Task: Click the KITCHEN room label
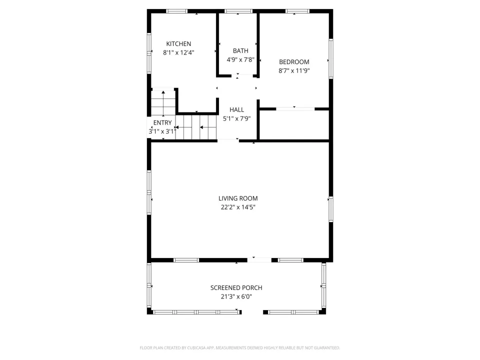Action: (x=178, y=44)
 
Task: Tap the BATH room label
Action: (x=240, y=51)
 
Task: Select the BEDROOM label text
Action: (x=294, y=62)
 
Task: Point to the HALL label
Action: (x=236, y=109)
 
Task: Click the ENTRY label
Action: (x=162, y=123)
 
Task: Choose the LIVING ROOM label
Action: (x=238, y=198)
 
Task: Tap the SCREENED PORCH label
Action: (x=236, y=288)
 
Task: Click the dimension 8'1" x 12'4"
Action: (x=178, y=52)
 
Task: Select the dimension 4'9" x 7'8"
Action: (x=240, y=59)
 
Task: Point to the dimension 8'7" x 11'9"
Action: (x=294, y=70)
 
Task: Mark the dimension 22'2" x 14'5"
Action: (x=238, y=207)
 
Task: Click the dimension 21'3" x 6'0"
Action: (x=236, y=296)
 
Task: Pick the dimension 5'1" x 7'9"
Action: (x=236, y=118)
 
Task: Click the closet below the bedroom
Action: (x=294, y=125)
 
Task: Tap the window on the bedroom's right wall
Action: (x=331, y=58)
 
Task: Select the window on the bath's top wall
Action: (x=238, y=11)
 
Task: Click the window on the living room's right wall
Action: (x=331, y=209)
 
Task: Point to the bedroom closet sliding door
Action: (x=295, y=108)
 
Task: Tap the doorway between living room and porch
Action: (x=259, y=260)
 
